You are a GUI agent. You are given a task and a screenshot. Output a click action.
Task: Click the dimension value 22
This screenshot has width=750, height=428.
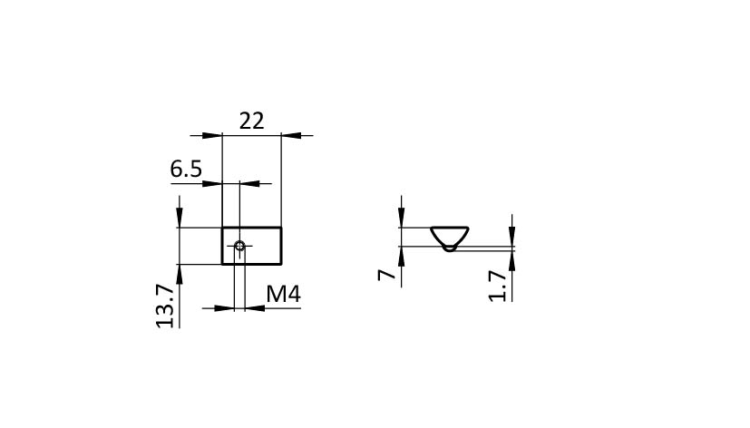(251, 121)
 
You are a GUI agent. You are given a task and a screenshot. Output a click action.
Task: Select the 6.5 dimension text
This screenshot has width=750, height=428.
(186, 170)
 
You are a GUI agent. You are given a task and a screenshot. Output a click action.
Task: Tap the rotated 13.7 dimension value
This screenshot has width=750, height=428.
(165, 306)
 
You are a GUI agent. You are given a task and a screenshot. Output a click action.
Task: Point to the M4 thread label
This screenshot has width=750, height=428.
(283, 294)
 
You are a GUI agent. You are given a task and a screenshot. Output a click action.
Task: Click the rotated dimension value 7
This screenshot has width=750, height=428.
(387, 275)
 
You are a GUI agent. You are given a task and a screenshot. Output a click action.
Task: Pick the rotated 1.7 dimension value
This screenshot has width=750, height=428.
(498, 286)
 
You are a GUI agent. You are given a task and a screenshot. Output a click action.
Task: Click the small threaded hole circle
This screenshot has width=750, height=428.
(240, 247)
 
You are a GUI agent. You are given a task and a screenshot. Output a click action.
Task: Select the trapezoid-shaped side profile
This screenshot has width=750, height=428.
(450, 237)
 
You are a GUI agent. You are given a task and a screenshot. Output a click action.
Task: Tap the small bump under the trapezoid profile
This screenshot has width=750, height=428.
(449, 248)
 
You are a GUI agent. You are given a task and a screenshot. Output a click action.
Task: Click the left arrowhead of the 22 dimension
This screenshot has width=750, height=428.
(212, 136)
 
